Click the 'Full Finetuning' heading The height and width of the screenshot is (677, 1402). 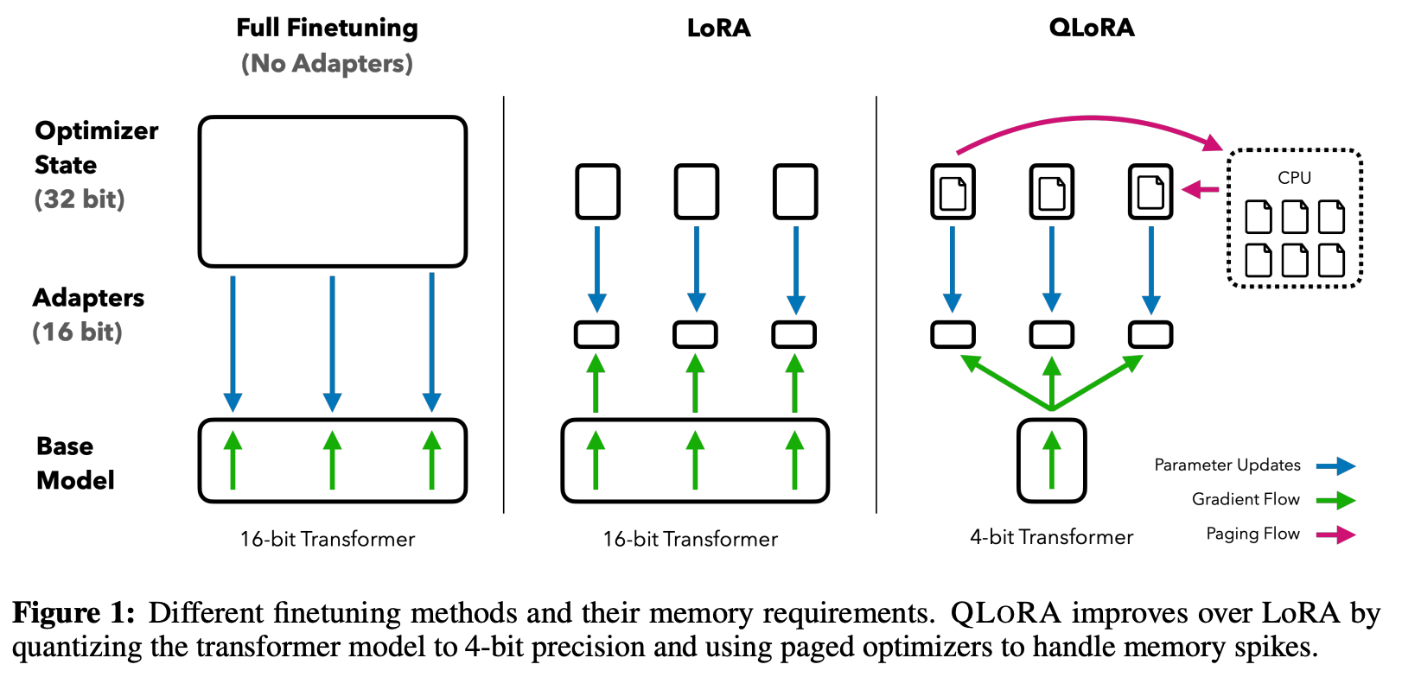click(x=327, y=28)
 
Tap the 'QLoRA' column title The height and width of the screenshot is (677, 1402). click(x=1091, y=28)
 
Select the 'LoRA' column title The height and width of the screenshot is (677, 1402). click(x=718, y=28)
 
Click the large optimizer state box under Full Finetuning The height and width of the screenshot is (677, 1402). click(x=332, y=192)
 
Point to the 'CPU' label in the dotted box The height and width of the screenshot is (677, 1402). click(x=1294, y=178)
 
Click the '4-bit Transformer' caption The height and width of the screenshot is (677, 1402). click(x=1051, y=537)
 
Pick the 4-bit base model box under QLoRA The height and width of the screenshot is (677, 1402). click(x=1051, y=461)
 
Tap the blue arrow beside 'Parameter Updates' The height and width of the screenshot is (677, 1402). click(x=1336, y=466)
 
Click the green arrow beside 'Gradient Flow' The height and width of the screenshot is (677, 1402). click(x=1336, y=500)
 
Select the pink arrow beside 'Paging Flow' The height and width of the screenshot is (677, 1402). click(x=1336, y=535)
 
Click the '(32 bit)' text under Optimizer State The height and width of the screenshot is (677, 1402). click(x=80, y=199)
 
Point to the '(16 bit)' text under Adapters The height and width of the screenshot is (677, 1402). click(x=78, y=332)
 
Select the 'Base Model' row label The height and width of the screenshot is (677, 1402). click(x=74, y=463)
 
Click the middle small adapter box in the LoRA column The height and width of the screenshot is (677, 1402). click(x=695, y=334)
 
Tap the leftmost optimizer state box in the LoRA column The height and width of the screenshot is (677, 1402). click(x=597, y=192)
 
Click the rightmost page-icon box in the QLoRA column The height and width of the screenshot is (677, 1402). click(x=1150, y=192)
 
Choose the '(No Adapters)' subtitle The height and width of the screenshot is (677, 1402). click(x=327, y=64)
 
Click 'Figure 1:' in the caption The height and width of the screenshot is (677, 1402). click(x=73, y=613)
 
